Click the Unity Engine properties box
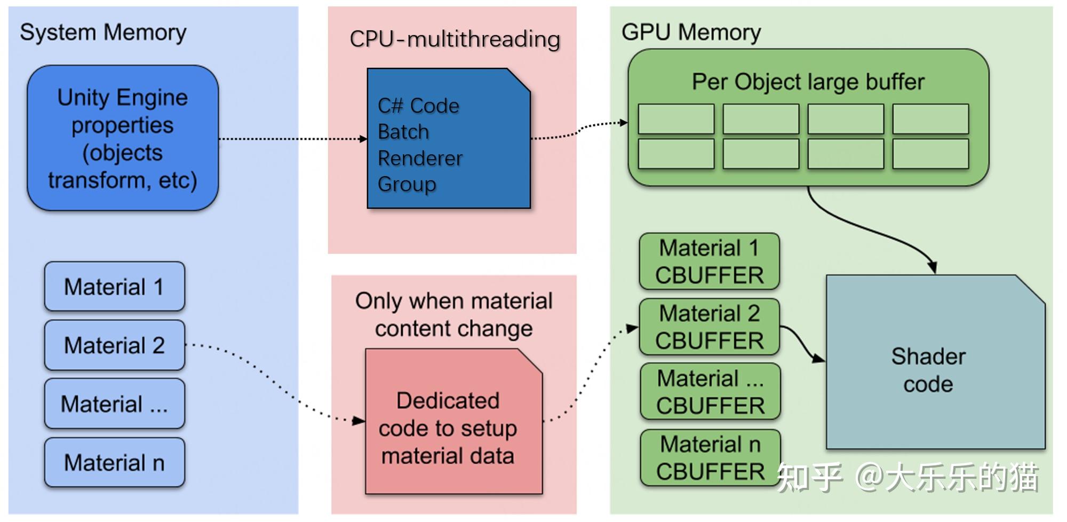tap(123, 138)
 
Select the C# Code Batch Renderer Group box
tap(449, 138)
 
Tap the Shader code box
tap(935, 362)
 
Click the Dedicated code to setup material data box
tap(453, 421)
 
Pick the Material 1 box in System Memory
tap(115, 287)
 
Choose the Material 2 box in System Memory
tap(115, 345)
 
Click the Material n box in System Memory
tap(115, 462)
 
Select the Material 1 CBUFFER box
tap(710, 262)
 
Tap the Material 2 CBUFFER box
tap(710, 327)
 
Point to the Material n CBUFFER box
tap(711, 458)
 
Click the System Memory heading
tap(103, 33)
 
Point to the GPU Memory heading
tap(691, 33)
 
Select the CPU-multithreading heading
tap(455, 39)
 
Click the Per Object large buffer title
tap(808, 82)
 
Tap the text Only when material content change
tap(453, 315)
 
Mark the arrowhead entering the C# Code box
tap(363, 139)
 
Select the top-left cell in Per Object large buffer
tap(676, 119)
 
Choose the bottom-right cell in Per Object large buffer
tap(930, 154)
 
